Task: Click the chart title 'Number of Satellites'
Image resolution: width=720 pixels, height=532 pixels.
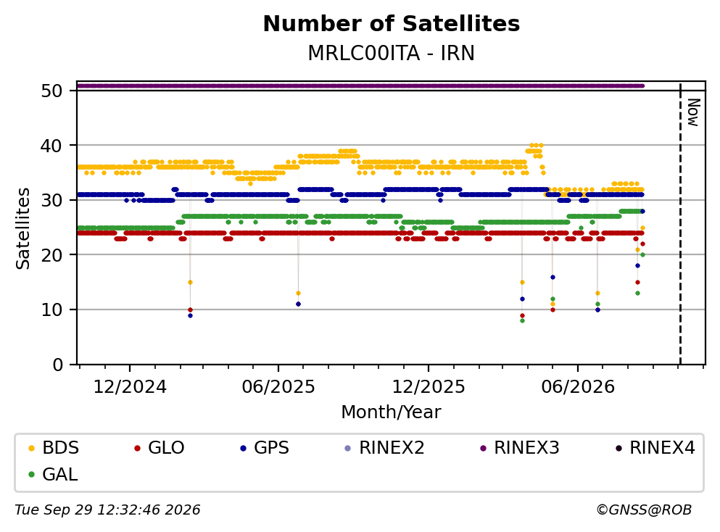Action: tap(392, 24)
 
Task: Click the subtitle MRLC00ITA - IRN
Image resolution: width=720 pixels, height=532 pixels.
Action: tap(392, 53)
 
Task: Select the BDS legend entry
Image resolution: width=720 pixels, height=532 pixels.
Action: tap(53, 447)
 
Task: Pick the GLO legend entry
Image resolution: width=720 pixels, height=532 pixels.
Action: tap(159, 447)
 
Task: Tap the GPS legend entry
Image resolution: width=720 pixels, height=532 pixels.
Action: tap(265, 447)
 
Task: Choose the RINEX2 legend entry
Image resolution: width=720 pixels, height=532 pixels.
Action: tap(384, 447)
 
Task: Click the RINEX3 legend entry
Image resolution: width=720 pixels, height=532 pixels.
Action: tap(519, 447)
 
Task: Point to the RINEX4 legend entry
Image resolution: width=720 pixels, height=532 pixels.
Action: tap(655, 447)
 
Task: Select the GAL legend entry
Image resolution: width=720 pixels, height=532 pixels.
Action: tap(53, 474)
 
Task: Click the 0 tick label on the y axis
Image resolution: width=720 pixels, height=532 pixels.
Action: tap(58, 365)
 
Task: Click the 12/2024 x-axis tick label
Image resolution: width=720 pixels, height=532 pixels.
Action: tap(130, 387)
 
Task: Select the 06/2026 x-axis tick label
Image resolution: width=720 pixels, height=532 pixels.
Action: tap(578, 387)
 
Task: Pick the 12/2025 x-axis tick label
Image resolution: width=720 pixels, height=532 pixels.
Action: tap(429, 387)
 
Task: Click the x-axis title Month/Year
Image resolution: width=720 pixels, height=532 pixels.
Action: tap(392, 412)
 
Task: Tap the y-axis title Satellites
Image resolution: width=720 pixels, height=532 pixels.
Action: tap(23, 228)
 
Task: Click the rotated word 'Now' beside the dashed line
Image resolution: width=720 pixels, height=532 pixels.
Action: tap(693, 112)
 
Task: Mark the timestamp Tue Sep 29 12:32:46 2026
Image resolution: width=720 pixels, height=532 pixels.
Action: tap(107, 510)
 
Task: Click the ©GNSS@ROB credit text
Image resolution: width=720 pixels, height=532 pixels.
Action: tap(644, 510)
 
